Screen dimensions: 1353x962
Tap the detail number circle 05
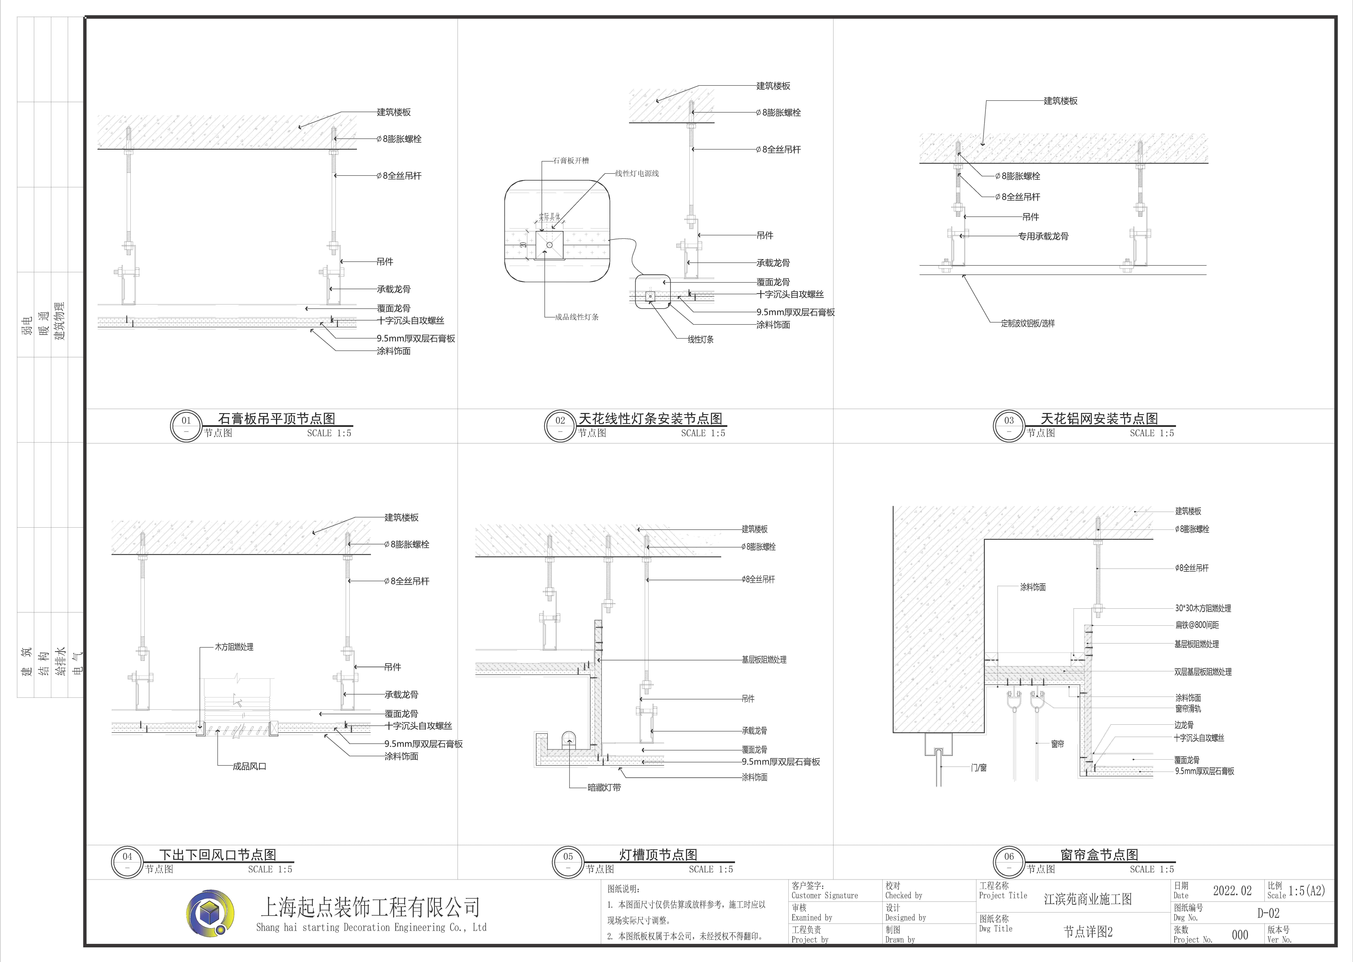pos(568,862)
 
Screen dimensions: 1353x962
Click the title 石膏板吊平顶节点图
pos(276,418)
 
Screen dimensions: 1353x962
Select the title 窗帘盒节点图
pos(1099,854)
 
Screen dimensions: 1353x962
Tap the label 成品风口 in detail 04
pos(249,766)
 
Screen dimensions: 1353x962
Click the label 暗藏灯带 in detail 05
pos(604,787)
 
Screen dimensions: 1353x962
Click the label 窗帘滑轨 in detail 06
pos(1188,709)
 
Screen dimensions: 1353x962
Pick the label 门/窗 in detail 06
pos(979,768)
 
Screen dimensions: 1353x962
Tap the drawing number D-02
pos(1268,913)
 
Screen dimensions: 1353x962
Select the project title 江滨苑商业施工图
pos(1088,899)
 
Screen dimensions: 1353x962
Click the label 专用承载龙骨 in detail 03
pos(1043,236)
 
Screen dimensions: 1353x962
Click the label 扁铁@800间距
pos(1197,624)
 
